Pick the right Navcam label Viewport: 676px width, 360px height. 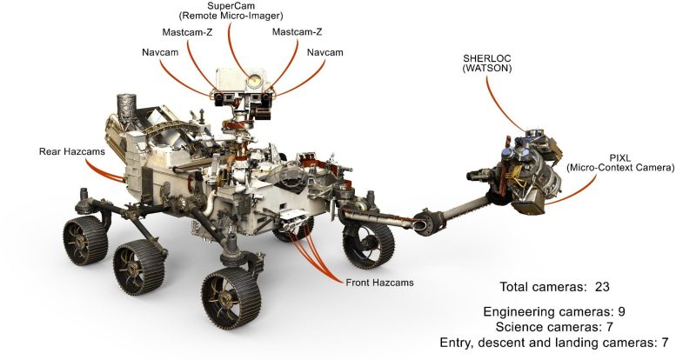(324, 53)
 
